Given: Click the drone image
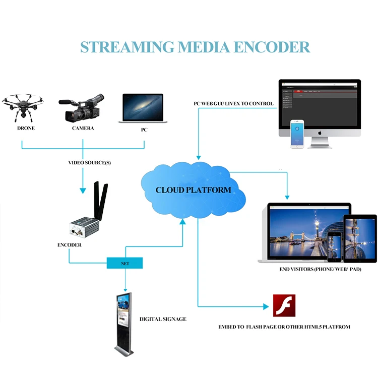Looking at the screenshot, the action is pyautogui.click(x=23, y=107).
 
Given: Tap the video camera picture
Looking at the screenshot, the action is pyautogui.click(x=82, y=108).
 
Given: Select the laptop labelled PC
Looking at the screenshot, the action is pyautogui.click(x=143, y=108).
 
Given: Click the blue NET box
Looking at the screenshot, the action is pyautogui.click(x=124, y=263).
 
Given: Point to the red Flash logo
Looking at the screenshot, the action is pyautogui.click(x=284, y=305).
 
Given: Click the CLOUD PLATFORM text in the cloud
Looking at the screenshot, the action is pyautogui.click(x=193, y=190).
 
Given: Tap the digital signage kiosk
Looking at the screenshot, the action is pyautogui.click(x=124, y=324).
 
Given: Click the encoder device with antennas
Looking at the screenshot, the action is pyautogui.click(x=89, y=209).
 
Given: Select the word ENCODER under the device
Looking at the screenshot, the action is pyautogui.click(x=70, y=245).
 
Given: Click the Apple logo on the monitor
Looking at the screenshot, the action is pyautogui.click(x=320, y=133).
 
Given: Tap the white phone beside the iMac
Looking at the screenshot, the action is pyautogui.click(x=297, y=134).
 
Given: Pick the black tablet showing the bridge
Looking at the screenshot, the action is pyautogui.click(x=360, y=238).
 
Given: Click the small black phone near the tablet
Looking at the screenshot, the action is pyautogui.click(x=334, y=247).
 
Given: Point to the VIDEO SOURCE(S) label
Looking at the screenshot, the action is pyautogui.click(x=89, y=163).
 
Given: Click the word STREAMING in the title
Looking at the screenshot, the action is pyautogui.click(x=127, y=47).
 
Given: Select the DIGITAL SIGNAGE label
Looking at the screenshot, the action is pyautogui.click(x=163, y=319).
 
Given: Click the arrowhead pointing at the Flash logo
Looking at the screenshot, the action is pyautogui.click(x=266, y=306).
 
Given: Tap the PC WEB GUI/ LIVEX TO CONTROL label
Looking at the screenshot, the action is pyautogui.click(x=233, y=104).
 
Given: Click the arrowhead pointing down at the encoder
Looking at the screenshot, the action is pyautogui.click(x=83, y=191).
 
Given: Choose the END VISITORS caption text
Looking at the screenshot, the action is pyautogui.click(x=320, y=269).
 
